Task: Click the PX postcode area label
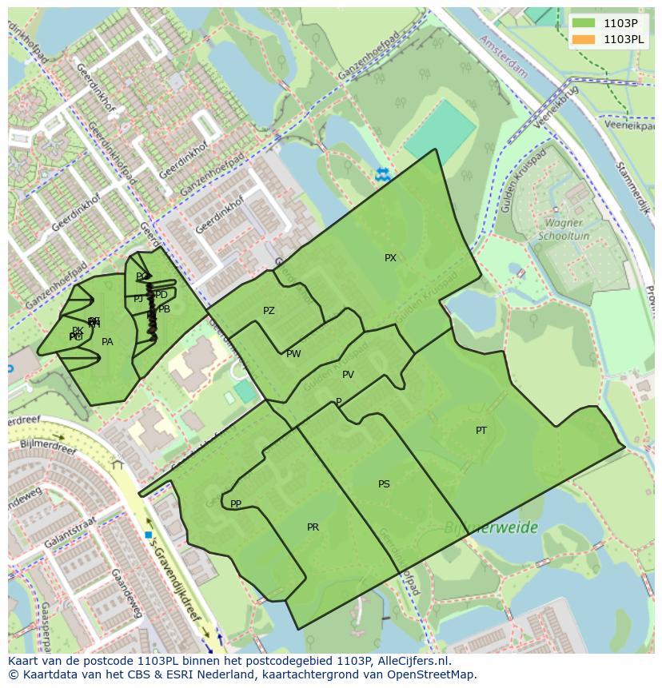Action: click(x=390, y=258)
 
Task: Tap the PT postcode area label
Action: click(x=481, y=431)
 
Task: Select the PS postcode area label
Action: click(x=384, y=484)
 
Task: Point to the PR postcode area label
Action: click(x=313, y=527)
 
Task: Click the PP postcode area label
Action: click(x=236, y=504)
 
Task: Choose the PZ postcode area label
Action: click(x=269, y=311)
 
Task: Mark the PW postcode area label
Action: click(x=293, y=354)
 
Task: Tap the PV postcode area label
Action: click(x=348, y=375)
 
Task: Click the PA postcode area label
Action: click(x=107, y=342)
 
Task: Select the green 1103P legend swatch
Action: click(x=584, y=23)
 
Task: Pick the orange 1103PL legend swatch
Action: click(x=584, y=39)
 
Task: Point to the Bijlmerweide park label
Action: click(x=491, y=528)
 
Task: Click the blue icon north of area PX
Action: click(x=383, y=173)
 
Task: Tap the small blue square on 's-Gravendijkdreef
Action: click(x=149, y=535)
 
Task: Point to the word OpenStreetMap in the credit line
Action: click(x=437, y=675)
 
